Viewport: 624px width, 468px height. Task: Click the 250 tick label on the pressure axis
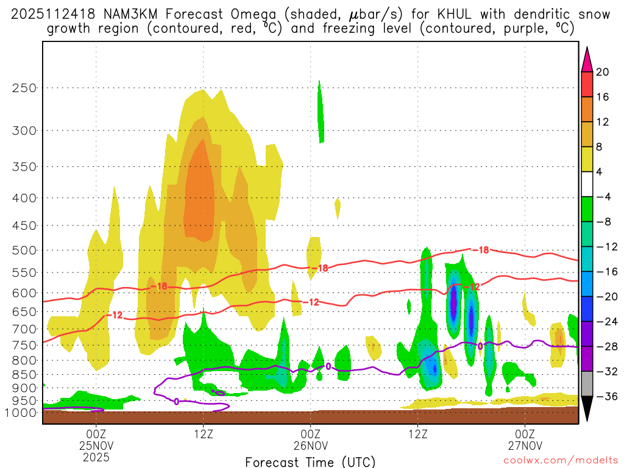pyautogui.click(x=25, y=88)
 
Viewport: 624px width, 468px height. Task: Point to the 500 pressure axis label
pyautogui.click(x=25, y=250)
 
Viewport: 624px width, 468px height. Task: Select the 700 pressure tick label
pyautogui.click(x=25, y=329)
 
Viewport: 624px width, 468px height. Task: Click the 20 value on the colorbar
pyautogui.click(x=603, y=72)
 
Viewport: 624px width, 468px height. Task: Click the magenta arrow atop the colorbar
pyautogui.click(x=586, y=59)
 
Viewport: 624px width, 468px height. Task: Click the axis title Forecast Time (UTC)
pyautogui.click(x=310, y=462)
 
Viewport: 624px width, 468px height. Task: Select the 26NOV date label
pyautogui.click(x=311, y=445)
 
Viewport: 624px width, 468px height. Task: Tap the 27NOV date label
pyautogui.click(x=525, y=445)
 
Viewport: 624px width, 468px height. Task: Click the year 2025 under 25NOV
pyautogui.click(x=96, y=456)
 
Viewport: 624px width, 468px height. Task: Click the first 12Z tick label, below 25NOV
pyautogui.click(x=203, y=433)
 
